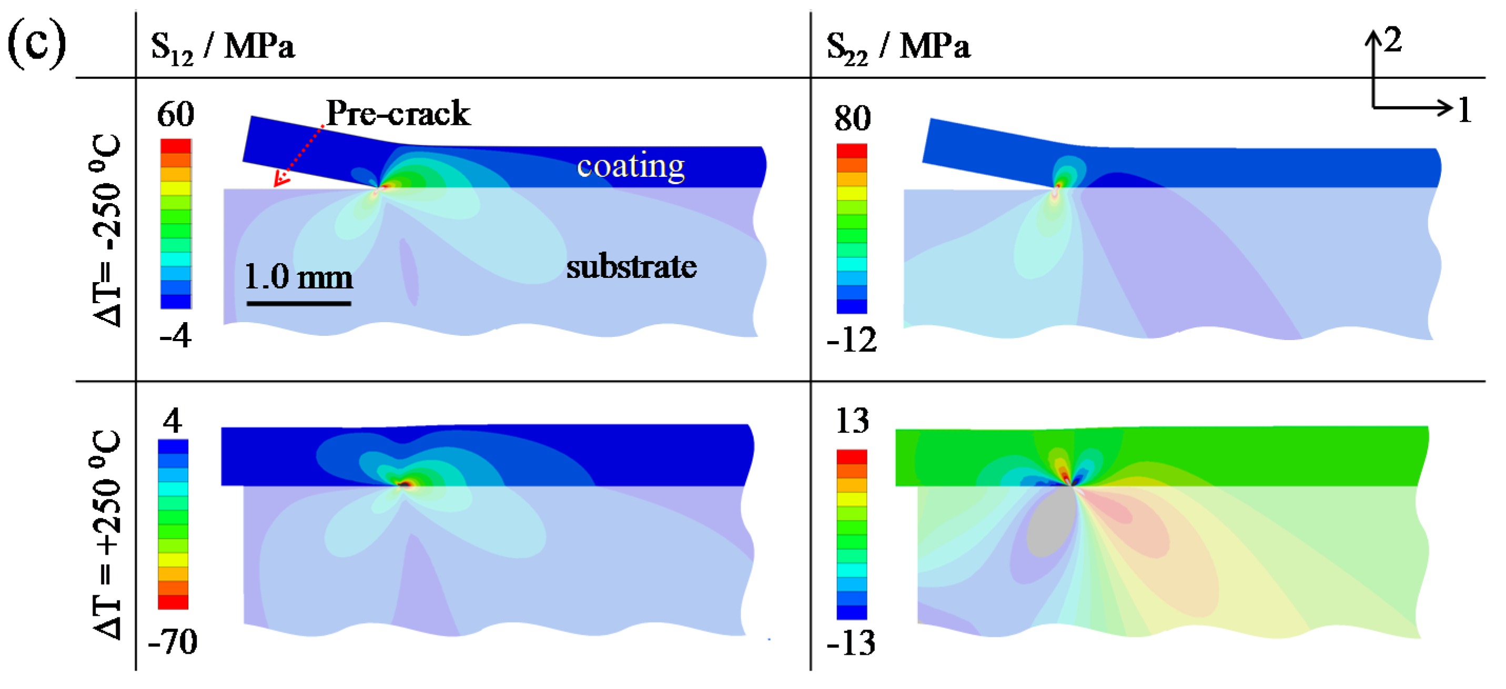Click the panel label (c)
[36, 44]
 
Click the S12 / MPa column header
[222, 47]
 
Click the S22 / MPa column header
[897, 47]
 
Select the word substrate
[631, 267]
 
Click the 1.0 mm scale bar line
[298, 303]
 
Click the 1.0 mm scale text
[298, 277]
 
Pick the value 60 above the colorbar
[175, 115]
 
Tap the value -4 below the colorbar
[175, 336]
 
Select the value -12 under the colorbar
[852, 340]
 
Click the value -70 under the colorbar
[173, 642]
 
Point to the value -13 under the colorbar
[851, 643]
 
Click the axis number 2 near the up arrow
[1392, 40]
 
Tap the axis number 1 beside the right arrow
[1464, 109]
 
